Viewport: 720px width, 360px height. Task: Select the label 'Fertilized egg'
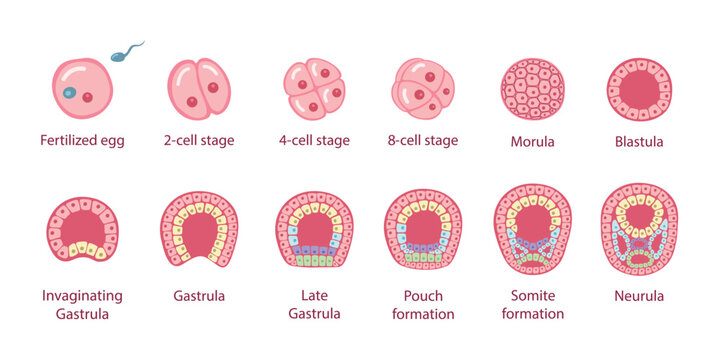click(x=82, y=141)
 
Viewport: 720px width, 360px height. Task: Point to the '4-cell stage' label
click(x=314, y=141)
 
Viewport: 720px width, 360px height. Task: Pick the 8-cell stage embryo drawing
click(x=424, y=89)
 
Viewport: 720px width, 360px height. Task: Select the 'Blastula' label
click(x=639, y=141)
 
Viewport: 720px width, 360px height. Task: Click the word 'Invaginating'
click(x=82, y=296)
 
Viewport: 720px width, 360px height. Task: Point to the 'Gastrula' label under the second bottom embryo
click(x=199, y=296)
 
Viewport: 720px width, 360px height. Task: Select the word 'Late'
click(x=314, y=296)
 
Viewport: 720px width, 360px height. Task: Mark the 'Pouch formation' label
click(x=423, y=305)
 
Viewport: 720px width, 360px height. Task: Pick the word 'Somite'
click(x=533, y=296)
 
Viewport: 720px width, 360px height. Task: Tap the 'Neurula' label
click(x=639, y=296)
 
